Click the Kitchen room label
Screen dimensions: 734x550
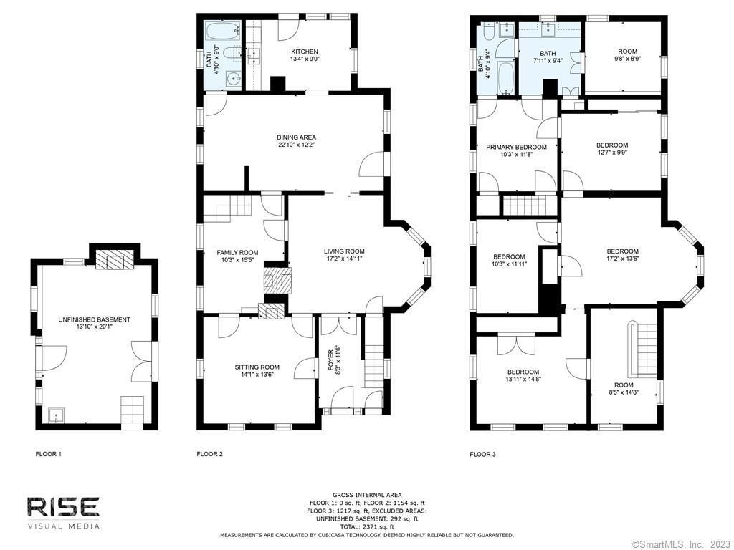tap(305, 52)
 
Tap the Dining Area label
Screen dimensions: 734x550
tap(296, 137)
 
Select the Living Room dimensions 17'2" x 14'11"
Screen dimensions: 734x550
tap(345, 258)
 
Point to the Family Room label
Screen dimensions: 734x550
tap(237, 253)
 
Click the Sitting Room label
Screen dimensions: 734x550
tap(257, 367)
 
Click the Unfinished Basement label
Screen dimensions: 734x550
tap(94, 320)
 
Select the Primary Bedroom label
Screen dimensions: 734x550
tap(516, 147)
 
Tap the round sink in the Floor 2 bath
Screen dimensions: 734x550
tap(233, 79)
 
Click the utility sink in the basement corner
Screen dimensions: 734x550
tap(56, 415)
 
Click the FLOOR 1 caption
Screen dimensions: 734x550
tap(49, 454)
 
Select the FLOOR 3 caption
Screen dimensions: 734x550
tap(482, 454)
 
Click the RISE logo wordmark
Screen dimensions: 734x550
tap(63, 507)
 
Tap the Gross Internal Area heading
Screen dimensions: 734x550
tap(367, 495)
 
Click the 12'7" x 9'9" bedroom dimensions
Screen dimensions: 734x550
tap(612, 152)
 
